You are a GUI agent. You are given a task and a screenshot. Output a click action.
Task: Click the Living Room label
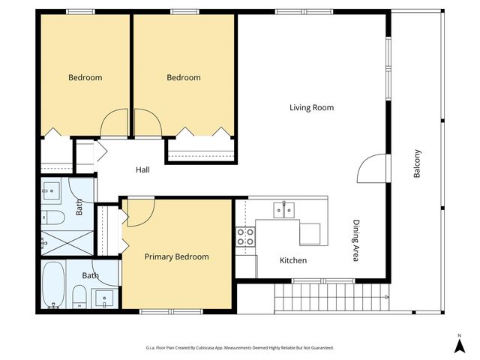(x=312, y=108)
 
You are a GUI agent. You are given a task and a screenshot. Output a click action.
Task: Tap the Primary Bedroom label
(x=177, y=256)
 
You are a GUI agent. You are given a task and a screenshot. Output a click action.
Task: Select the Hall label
(x=142, y=170)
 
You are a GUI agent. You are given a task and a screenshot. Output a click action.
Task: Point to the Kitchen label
(x=293, y=260)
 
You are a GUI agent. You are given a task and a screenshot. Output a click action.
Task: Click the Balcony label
(x=417, y=163)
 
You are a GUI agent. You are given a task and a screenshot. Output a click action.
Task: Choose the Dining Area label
(x=355, y=241)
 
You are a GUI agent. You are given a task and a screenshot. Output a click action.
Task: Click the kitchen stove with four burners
(x=245, y=237)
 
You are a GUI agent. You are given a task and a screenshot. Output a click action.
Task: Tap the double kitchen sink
(x=284, y=210)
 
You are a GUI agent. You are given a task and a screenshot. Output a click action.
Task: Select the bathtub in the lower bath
(x=53, y=285)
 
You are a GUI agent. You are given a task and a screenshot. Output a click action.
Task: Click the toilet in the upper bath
(x=53, y=217)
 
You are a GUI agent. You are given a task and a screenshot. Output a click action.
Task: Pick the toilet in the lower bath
(x=79, y=297)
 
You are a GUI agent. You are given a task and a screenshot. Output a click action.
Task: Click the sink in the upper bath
(x=51, y=190)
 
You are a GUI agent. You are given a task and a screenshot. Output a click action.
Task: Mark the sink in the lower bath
(x=104, y=298)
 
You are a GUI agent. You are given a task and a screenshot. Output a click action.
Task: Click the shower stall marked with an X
(x=67, y=243)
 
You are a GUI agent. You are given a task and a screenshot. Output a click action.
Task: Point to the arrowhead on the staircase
(x=387, y=297)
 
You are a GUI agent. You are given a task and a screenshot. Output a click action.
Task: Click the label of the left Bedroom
(x=85, y=78)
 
